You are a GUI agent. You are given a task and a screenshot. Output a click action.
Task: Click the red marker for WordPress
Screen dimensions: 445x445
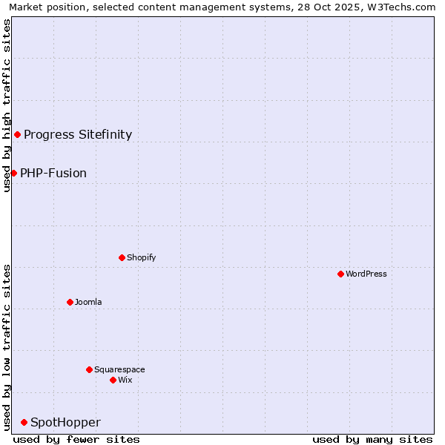point(340,274)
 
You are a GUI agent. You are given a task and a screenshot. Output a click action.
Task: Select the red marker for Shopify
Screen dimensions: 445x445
point(122,257)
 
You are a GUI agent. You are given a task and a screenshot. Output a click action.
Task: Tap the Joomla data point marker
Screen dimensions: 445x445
point(70,302)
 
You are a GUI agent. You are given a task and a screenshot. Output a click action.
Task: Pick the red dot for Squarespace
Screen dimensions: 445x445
point(89,369)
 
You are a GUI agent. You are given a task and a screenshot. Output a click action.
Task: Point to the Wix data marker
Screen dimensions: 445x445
point(113,380)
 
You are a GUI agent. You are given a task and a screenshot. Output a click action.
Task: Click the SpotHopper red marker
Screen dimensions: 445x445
point(24,422)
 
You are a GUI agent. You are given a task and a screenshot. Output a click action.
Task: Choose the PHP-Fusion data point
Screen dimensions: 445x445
point(13,173)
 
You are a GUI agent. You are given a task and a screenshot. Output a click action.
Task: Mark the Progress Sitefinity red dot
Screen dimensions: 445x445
point(17,134)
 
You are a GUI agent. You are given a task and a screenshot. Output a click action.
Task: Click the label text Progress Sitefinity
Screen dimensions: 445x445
point(78,134)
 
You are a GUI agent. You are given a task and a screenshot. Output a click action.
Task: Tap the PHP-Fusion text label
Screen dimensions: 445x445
point(53,173)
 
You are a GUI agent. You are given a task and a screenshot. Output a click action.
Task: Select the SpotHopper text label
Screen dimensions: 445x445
point(65,422)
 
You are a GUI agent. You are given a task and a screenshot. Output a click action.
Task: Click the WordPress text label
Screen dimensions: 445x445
point(366,274)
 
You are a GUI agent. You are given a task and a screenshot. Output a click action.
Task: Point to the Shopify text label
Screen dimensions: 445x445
point(141,257)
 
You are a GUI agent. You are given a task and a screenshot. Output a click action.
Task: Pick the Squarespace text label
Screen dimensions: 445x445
point(119,369)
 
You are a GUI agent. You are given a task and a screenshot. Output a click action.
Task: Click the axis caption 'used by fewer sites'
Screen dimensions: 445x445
point(76,439)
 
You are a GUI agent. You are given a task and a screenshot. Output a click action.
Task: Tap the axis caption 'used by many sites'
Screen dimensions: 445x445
point(372,439)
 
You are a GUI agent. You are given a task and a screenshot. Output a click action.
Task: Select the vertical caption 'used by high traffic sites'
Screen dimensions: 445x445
point(7,105)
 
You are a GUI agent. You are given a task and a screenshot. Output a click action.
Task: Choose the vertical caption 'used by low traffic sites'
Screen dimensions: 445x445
point(7,347)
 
